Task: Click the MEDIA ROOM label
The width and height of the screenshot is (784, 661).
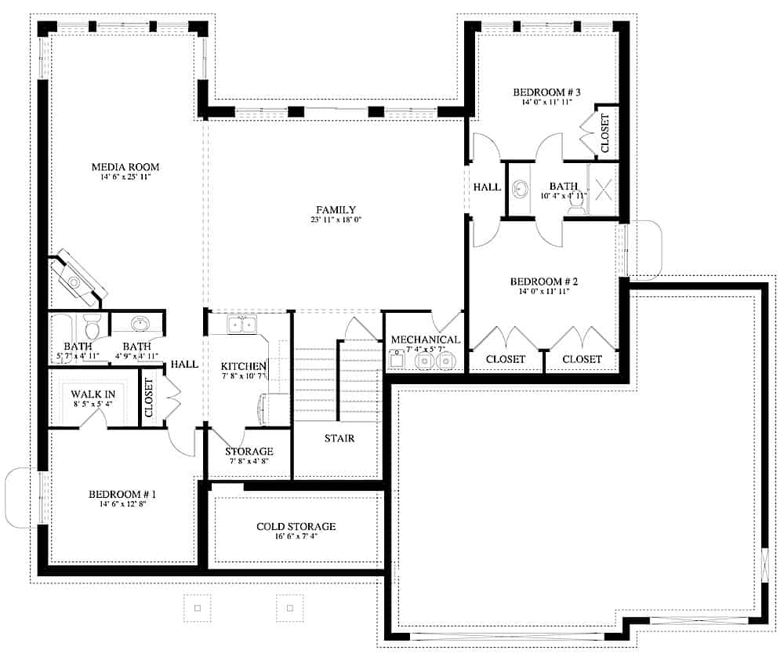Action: coord(125,166)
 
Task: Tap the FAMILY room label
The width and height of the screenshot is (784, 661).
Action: coord(336,209)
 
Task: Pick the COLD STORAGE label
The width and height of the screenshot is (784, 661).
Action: coord(296,526)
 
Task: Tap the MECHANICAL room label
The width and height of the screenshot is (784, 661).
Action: coord(425,340)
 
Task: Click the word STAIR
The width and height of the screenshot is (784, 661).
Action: coord(339,438)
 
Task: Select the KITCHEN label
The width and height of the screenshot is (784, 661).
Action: coord(243,366)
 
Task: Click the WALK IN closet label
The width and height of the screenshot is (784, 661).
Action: coord(92,394)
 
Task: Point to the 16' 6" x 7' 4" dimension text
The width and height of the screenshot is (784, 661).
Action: coord(296,536)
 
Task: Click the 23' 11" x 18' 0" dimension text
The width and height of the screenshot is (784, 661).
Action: coord(336,220)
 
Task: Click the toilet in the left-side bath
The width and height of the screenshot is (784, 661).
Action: coord(93,323)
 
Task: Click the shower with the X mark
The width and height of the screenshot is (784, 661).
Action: coord(604,189)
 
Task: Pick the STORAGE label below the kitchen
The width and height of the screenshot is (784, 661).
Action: coord(249,452)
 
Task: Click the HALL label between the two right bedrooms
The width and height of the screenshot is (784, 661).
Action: coord(487,187)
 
